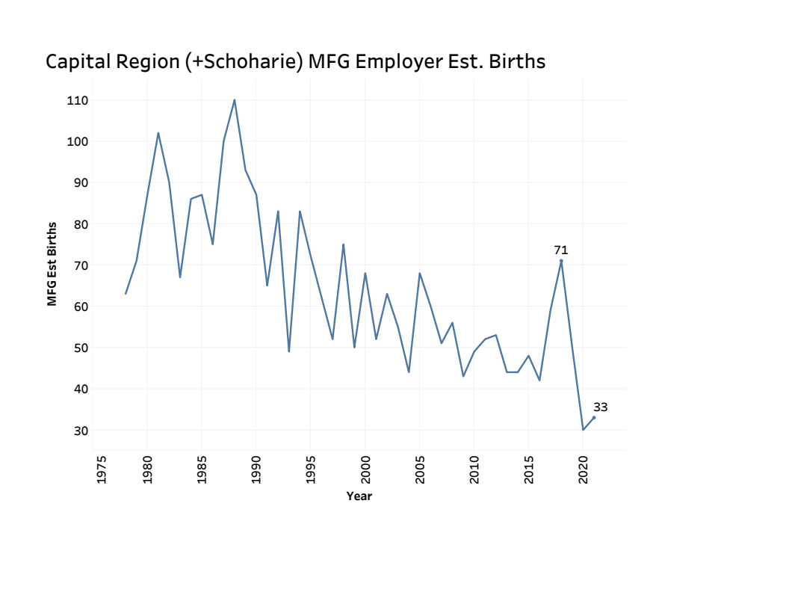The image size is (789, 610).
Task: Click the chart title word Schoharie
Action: pos(256,62)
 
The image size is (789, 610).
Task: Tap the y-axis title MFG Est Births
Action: pos(52,264)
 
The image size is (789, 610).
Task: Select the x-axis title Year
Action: pos(359,496)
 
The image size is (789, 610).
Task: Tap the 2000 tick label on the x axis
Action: pos(365,470)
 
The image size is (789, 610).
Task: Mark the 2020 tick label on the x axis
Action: pos(584,470)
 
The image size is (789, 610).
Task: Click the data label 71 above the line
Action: pos(561,250)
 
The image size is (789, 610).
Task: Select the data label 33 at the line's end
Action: pos(601,407)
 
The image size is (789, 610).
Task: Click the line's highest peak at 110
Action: pos(235,100)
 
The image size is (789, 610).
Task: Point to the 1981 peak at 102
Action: pos(158,133)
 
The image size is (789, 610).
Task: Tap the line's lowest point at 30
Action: pos(583,430)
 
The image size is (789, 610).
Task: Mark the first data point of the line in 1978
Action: pos(126,294)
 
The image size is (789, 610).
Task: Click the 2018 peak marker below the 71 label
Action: pos(561,261)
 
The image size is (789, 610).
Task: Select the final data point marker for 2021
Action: pos(594,417)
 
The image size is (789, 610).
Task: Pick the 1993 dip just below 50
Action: pos(289,351)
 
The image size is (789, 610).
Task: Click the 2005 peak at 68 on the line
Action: pos(420,273)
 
